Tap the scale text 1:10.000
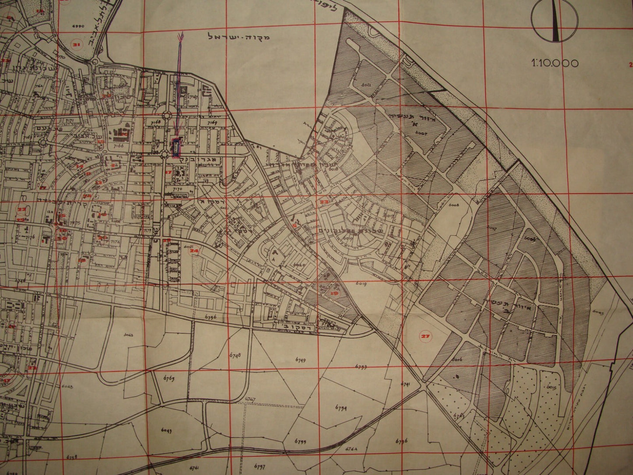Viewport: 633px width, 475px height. [x=555, y=63]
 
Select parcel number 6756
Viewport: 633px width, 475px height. [x=211, y=315]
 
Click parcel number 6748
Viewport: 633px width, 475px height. [x=235, y=355]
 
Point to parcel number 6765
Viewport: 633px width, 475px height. [x=169, y=378]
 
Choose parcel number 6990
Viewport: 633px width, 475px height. [x=78, y=26]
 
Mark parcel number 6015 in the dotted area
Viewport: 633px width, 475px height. [x=551, y=388]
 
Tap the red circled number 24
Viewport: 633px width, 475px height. [x=194, y=251]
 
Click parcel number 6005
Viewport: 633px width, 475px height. [x=598, y=313]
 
